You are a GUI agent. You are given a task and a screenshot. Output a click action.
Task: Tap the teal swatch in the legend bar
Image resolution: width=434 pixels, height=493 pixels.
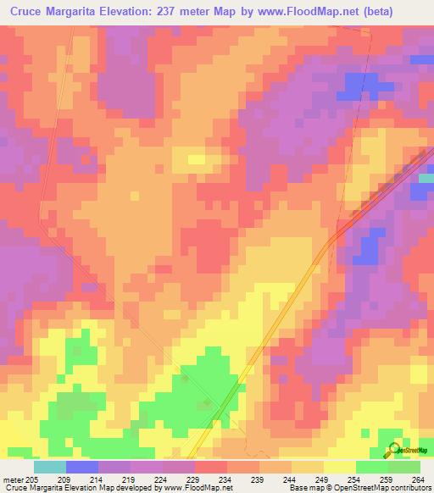pyautogui.click(x=50, y=467)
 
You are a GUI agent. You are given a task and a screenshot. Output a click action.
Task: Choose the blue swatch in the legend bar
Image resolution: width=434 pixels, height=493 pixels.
pyautogui.click(x=82, y=467)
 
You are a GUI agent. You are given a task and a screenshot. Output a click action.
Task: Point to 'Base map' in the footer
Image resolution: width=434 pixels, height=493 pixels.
pyautogui.click(x=302, y=488)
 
